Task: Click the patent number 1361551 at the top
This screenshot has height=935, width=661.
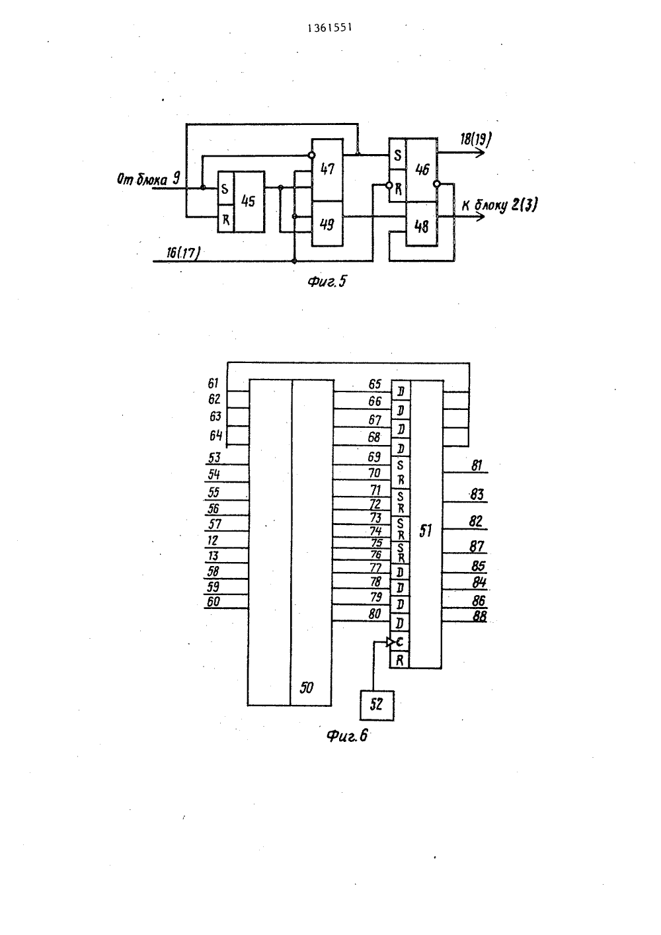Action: [330, 28]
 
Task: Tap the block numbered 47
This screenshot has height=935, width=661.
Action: [328, 169]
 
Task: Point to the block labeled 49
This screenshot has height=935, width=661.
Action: [328, 224]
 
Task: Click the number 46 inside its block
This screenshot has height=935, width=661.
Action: [422, 169]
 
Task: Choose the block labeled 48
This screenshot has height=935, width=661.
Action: [422, 225]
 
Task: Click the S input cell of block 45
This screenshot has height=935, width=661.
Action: [225, 188]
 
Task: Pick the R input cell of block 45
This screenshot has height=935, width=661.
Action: [225, 219]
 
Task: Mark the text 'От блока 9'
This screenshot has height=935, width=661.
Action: [149, 179]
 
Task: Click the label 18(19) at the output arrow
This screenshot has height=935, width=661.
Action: [476, 139]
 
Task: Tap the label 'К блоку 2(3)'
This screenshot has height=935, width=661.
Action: [500, 206]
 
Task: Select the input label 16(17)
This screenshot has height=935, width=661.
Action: [183, 253]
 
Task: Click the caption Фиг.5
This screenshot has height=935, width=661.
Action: [327, 282]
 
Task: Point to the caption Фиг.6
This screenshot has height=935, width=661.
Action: [347, 735]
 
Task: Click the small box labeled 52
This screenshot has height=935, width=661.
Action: [377, 706]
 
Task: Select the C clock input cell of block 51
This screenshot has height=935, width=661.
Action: [399, 642]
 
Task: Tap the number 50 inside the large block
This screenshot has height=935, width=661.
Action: [306, 688]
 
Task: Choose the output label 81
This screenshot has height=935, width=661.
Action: [477, 466]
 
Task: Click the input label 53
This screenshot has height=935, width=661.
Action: [214, 458]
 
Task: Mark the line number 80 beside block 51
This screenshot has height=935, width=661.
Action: [375, 614]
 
